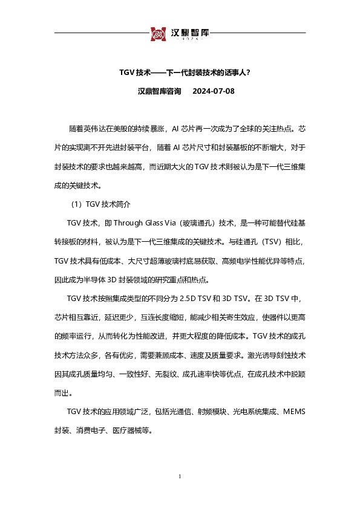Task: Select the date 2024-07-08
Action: [x=213, y=92]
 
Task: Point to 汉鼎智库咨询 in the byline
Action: [x=160, y=92]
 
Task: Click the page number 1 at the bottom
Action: [x=180, y=478]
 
